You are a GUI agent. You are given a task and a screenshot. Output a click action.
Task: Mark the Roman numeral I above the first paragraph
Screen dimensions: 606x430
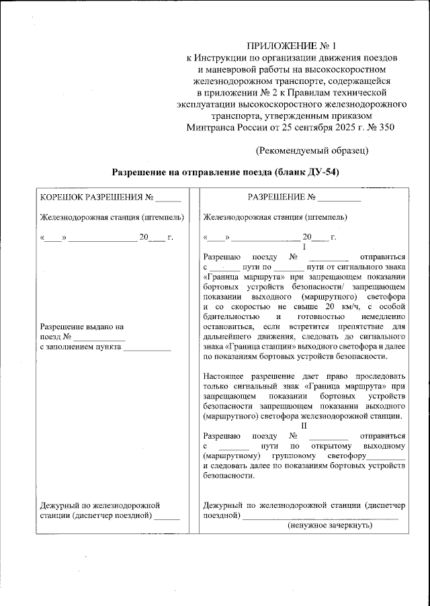tap(304, 247)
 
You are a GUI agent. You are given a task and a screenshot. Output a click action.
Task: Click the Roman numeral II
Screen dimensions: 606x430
tap(304, 425)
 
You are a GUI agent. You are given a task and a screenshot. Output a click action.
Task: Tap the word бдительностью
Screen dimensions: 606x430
tap(232, 316)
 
